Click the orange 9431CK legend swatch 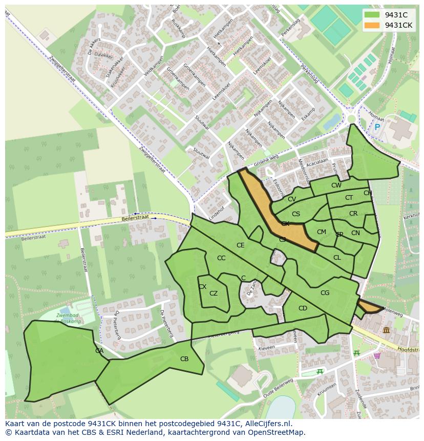[372, 25]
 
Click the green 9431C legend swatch [372, 15]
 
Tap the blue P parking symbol [377, 127]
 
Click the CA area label [99, 351]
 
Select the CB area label [184, 359]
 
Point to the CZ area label [214, 293]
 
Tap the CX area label [202, 287]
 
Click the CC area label [221, 258]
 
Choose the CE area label [240, 245]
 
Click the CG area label [325, 293]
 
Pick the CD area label [303, 308]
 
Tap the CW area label [336, 185]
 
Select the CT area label [349, 198]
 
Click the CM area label [321, 232]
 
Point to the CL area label [337, 258]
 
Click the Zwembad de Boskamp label [70, 318]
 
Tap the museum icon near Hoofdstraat [386, 330]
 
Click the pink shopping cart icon [377, 355]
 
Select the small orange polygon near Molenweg [369, 307]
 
